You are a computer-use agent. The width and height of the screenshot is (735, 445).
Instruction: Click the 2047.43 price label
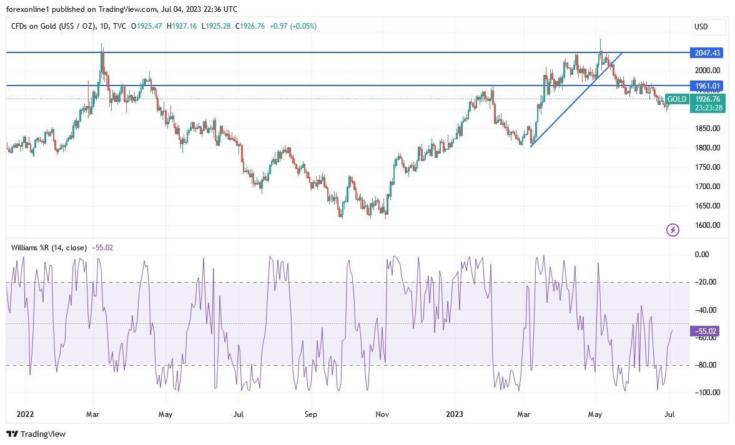tap(706, 53)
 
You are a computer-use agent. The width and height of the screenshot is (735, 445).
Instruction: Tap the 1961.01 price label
tap(706, 86)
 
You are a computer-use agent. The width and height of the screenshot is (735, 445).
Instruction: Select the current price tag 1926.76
tap(708, 99)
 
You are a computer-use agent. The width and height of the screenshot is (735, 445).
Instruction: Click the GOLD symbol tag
tap(677, 99)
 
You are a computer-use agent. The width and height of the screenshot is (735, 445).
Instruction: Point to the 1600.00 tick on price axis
tap(708, 225)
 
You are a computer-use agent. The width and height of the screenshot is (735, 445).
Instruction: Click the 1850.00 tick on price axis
tap(708, 129)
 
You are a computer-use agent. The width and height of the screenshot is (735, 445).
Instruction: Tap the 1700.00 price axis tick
tap(708, 187)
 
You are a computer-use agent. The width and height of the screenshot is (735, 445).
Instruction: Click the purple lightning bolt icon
tap(673, 230)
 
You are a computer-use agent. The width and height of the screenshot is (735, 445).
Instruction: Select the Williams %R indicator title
tap(49, 247)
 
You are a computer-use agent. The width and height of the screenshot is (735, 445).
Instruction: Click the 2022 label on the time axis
tap(26, 414)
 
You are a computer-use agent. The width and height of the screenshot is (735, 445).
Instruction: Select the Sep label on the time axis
tap(311, 414)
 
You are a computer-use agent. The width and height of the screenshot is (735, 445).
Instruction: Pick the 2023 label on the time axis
tap(455, 414)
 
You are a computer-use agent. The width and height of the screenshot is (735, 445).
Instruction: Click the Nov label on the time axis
tap(383, 414)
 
